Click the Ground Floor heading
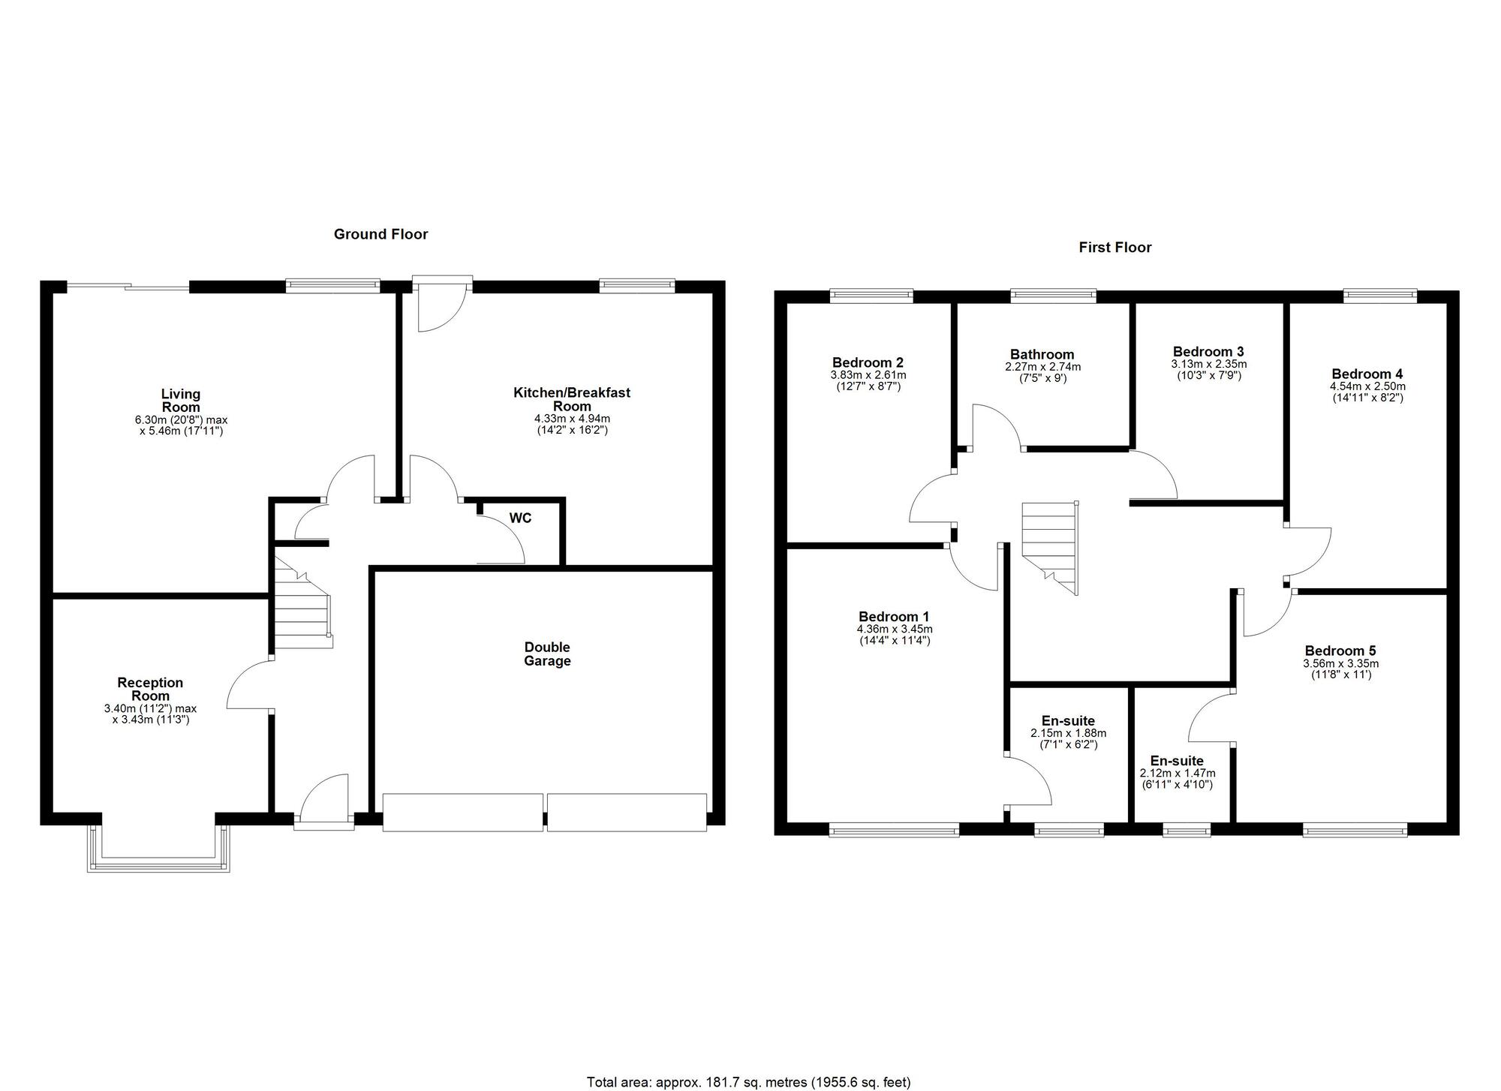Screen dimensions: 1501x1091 (x=381, y=234)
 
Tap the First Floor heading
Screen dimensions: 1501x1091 (x=1115, y=248)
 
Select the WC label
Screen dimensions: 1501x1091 (x=520, y=518)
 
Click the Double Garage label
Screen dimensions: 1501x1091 (x=547, y=654)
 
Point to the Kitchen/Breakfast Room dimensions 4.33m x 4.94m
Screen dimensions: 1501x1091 (x=572, y=419)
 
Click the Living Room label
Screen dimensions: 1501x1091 (x=181, y=401)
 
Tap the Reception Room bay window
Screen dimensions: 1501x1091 (x=158, y=849)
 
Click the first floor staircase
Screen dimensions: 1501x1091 (x=1049, y=549)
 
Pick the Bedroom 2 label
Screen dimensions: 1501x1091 (x=868, y=362)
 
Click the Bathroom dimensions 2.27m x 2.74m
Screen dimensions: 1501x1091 (x=1043, y=368)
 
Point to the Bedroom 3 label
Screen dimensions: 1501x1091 (x=1208, y=352)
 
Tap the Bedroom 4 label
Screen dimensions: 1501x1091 (x=1367, y=374)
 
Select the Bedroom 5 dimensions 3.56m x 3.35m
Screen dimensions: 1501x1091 (x=1340, y=664)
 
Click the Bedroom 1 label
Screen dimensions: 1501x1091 (x=894, y=617)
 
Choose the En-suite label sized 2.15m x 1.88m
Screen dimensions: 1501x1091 (x=1068, y=721)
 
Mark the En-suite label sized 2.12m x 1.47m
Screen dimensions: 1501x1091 (x=1177, y=761)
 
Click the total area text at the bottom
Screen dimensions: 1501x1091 (x=748, y=1082)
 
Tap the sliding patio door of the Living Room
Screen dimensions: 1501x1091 (x=128, y=285)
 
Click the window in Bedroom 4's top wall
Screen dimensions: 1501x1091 (x=1380, y=296)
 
